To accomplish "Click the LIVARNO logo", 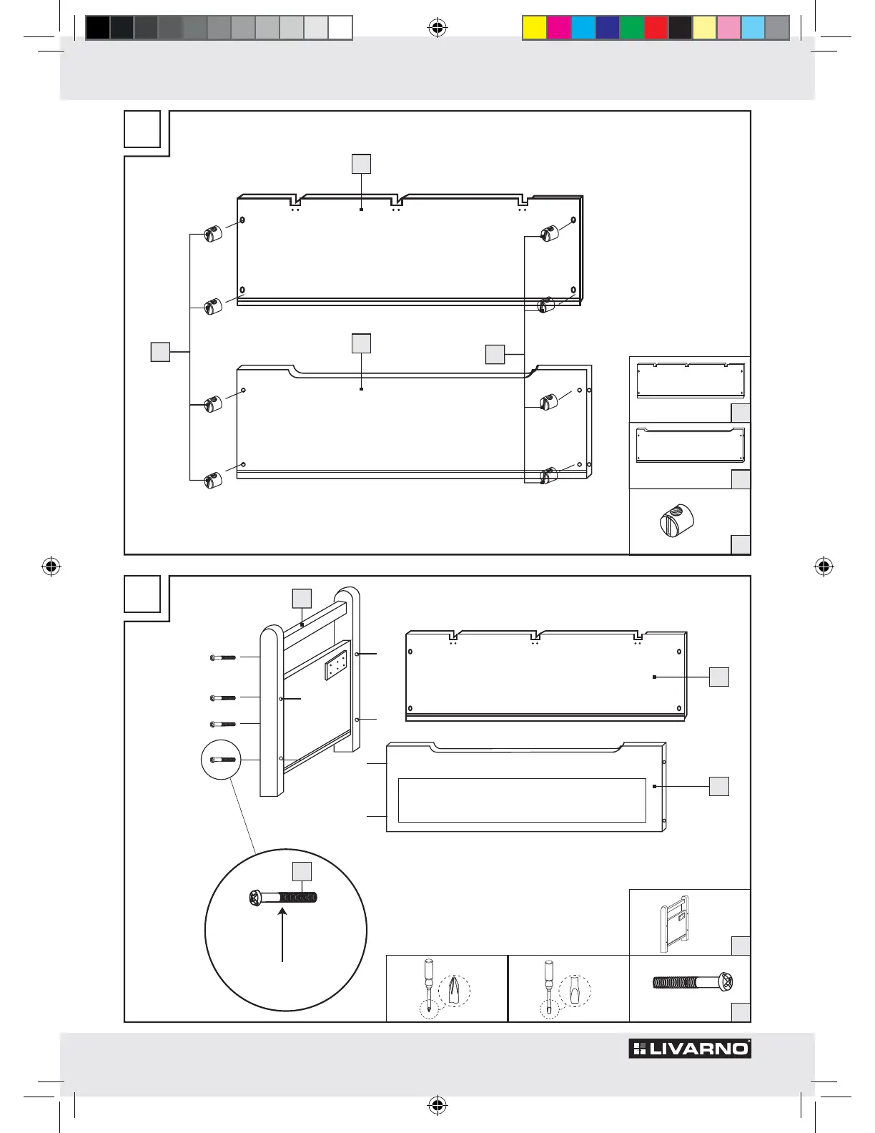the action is pyautogui.click(x=689, y=1049).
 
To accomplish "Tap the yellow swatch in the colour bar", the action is pyautogui.click(x=534, y=28).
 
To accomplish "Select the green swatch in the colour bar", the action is pyautogui.click(x=632, y=28).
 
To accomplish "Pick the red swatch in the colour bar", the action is pyautogui.click(x=656, y=28).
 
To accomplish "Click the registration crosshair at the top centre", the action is pyautogui.click(x=437, y=28).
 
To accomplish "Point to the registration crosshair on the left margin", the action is pyautogui.click(x=51, y=566).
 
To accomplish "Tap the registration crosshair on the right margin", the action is pyautogui.click(x=824, y=566).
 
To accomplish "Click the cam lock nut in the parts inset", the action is pyautogui.click(x=676, y=520).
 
